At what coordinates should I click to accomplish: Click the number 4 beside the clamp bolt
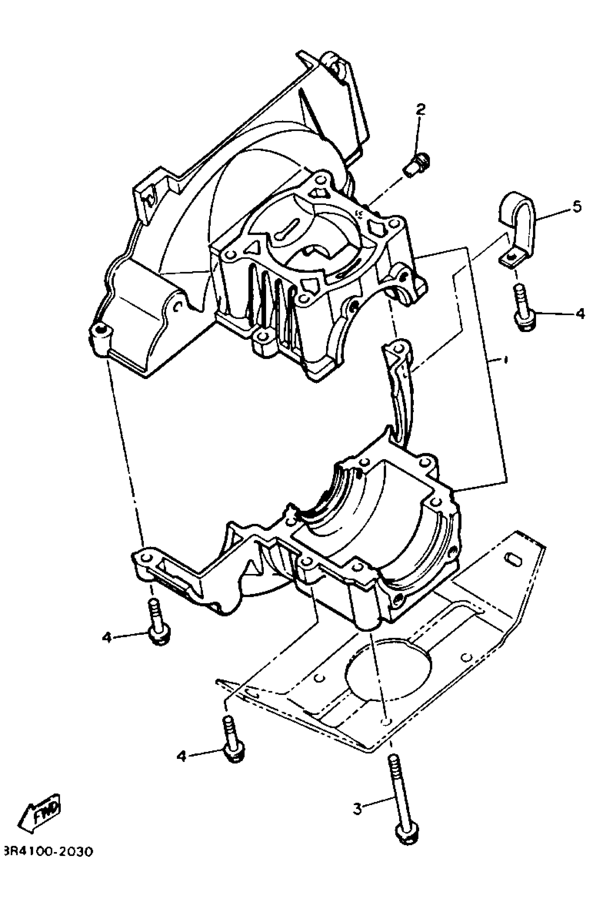click(x=580, y=314)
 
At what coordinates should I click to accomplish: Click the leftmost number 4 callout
click(x=107, y=637)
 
